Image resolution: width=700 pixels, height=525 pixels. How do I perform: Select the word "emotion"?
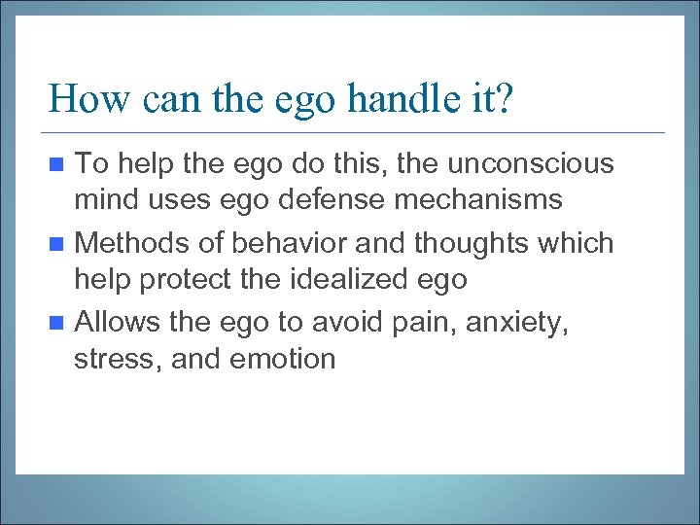pyautogui.click(x=283, y=359)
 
